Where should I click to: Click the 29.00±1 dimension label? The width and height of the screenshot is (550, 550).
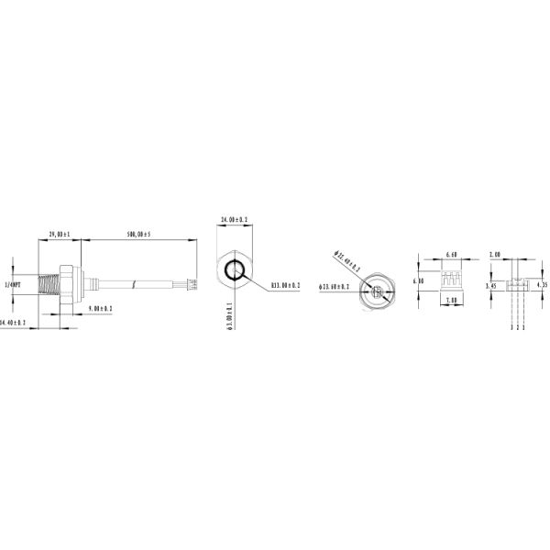60,235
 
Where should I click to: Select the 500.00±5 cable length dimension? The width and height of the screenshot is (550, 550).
138,235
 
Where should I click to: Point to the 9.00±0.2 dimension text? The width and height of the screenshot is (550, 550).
100,309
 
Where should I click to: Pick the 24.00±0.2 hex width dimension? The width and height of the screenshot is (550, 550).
236,220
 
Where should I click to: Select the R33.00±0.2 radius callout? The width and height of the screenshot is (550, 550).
285,286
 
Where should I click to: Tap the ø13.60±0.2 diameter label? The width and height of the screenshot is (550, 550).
335,287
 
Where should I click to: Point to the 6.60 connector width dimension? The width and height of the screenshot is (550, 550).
451,254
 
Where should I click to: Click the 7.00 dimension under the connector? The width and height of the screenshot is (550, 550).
451,300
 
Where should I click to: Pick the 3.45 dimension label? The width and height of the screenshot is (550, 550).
491,285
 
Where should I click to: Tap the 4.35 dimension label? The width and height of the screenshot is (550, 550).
542,285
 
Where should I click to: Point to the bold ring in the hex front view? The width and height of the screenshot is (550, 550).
236,270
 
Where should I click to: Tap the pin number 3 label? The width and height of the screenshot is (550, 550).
511,326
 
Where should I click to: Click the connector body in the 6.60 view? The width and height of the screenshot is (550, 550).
450,278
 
